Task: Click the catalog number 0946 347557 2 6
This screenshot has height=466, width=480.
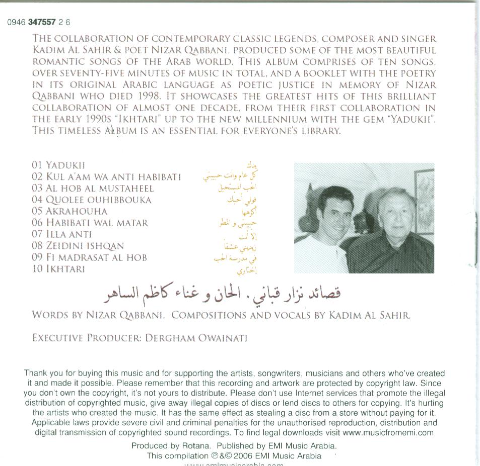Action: point(39,22)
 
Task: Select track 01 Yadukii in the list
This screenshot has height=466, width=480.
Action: point(58,165)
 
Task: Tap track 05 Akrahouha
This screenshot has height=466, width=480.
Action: point(70,211)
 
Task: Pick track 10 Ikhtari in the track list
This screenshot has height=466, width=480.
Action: point(58,269)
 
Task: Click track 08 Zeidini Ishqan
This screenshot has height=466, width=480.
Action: point(78,246)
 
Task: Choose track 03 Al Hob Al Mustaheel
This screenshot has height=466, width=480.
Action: point(93,189)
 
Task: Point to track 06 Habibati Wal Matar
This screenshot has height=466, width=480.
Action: point(90,223)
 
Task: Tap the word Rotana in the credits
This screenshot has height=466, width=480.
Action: point(197,446)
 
